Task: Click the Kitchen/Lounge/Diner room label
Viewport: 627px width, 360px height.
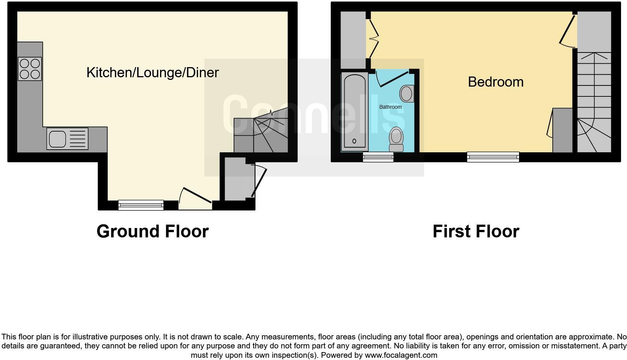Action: tap(152, 72)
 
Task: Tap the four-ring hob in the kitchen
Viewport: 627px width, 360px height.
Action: tap(30, 69)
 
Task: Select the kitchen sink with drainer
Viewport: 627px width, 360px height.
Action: tap(67, 138)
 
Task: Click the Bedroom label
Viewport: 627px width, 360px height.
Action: tap(495, 82)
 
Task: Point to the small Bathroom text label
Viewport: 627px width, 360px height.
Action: tap(390, 107)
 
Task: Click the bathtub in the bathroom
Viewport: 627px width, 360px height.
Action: tap(354, 112)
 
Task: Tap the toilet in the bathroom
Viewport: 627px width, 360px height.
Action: tap(396, 139)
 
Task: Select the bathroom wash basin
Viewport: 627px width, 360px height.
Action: tap(406, 93)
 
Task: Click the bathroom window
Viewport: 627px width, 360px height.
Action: tap(378, 157)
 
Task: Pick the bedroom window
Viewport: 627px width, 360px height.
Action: tap(493, 157)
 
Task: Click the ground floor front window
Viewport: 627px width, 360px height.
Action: tap(141, 205)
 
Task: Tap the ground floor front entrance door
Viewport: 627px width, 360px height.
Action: tap(195, 199)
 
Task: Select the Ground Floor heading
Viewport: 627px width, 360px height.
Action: tap(152, 231)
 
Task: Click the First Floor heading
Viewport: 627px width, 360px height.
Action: tap(475, 231)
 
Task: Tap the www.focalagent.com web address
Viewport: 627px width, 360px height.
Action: tap(401, 355)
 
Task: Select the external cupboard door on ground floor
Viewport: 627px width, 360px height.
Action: tap(259, 182)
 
